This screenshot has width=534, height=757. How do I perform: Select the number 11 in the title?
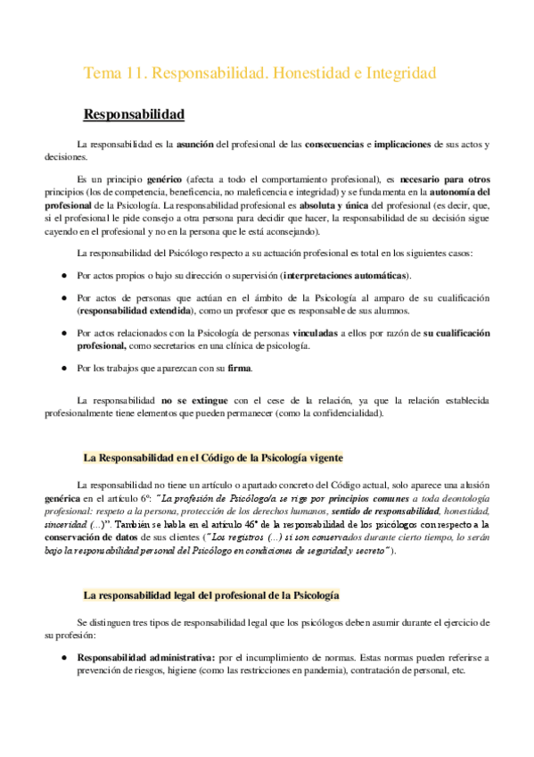[x=136, y=74]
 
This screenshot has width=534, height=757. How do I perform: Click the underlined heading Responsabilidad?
[x=134, y=115]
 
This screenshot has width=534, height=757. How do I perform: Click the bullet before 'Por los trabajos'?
[x=64, y=368]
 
